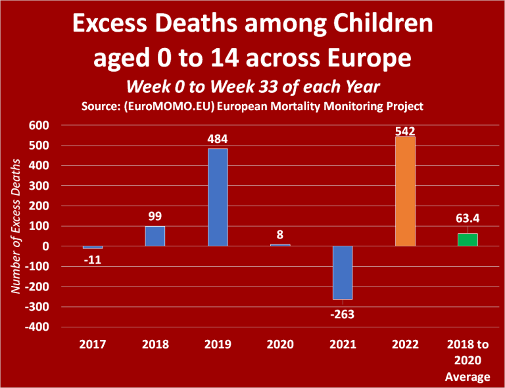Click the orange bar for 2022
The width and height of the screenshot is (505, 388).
[405, 191]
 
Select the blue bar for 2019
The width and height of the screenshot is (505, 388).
[218, 197]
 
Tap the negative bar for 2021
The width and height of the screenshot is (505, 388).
[343, 273]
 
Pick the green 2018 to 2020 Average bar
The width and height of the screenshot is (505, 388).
[468, 240]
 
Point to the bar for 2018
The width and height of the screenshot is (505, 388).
[155, 236]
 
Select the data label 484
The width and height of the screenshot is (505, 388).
[218, 140]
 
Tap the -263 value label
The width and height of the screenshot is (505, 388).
[342, 314]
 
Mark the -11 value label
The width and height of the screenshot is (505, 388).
[92, 260]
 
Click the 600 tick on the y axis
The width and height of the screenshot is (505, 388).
[38, 125]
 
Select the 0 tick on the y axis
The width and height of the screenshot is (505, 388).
[46, 246]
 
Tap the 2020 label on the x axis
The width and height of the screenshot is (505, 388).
[280, 345]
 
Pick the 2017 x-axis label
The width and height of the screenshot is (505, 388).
[93, 345]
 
